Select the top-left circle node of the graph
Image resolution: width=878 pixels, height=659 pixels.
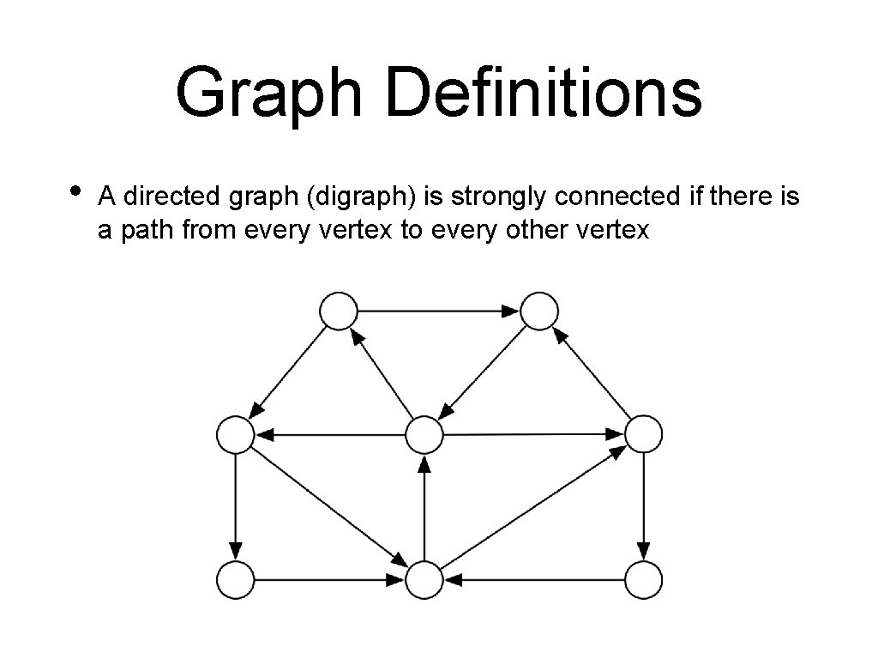(x=338, y=311)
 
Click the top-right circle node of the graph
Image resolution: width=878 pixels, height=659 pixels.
(x=539, y=311)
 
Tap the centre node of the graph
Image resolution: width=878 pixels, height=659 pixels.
(x=424, y=435)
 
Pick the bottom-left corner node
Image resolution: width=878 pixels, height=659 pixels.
(x=235, y=579)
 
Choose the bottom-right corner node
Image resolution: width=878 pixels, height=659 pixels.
(x=643, y=579)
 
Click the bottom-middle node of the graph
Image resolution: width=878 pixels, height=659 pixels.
(x=424, y=580)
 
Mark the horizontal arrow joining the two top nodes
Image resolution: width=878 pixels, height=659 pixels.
(x=438, y=311)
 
